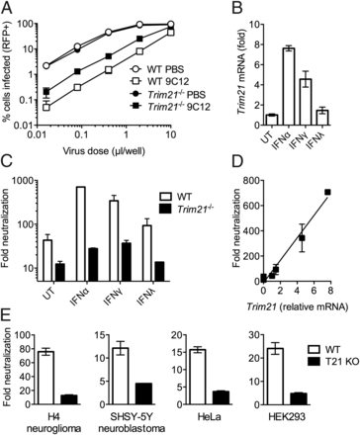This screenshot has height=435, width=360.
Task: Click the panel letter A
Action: [8, 8]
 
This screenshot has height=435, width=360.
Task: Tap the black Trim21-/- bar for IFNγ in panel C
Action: [126, 254]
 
